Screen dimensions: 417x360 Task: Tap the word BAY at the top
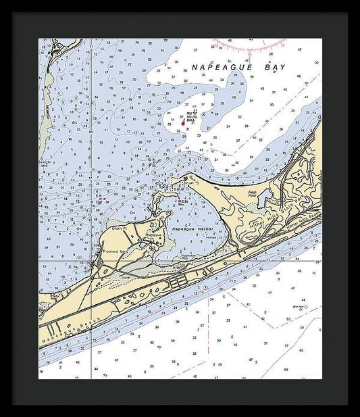[x=275, y=68]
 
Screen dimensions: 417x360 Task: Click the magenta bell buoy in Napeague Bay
[x=182, y=123]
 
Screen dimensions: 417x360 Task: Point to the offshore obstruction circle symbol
[x=305, y=307]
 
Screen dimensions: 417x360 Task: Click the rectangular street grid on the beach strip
[x=178, y=279]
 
